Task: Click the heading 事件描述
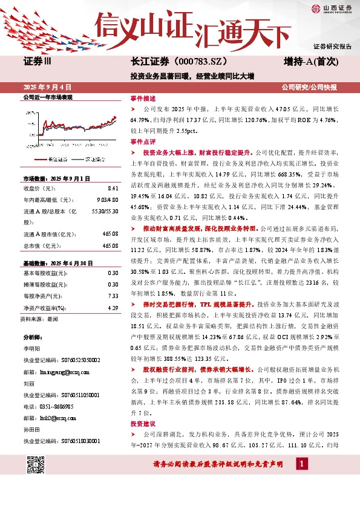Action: click(143, 97)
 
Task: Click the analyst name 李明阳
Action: click(31, 349)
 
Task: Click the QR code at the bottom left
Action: click(36, 464)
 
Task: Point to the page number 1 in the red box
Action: click(301, 464)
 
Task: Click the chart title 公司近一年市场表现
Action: click(47, 97)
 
